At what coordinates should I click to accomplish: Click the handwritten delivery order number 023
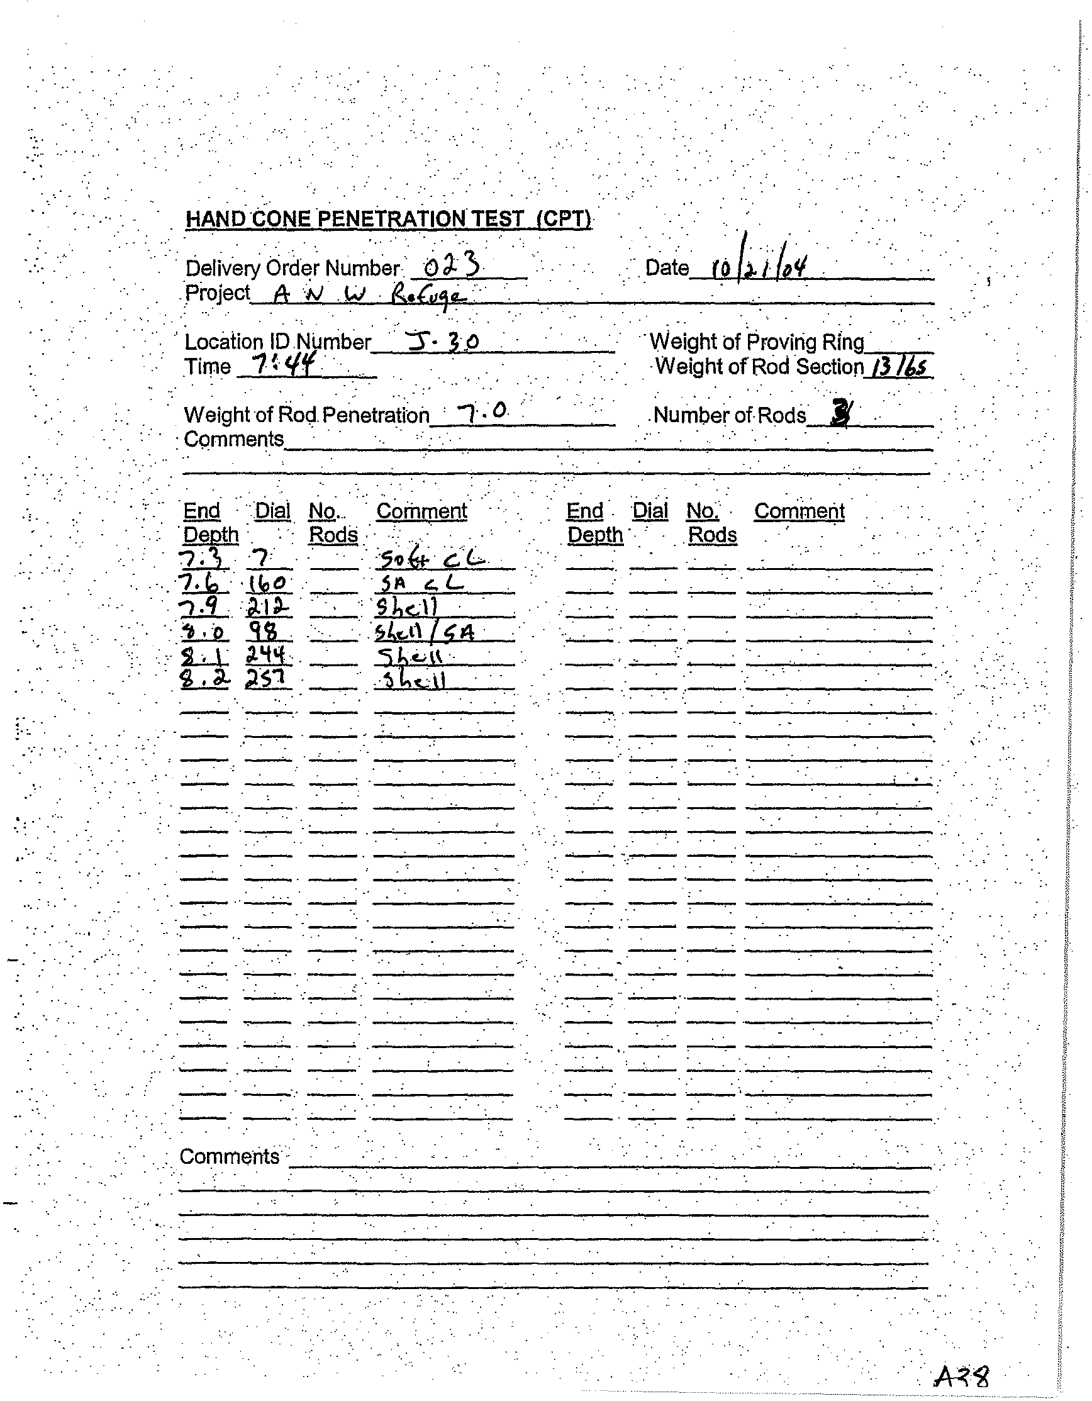coord(452,264)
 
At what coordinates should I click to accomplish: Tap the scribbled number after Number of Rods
coord(840,413)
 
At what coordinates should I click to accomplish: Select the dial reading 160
coord(267,583)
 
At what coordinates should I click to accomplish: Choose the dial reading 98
coord(263,632)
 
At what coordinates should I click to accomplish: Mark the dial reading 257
coord(265,679)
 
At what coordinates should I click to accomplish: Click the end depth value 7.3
coord(203,560)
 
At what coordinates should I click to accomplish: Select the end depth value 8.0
coord(203,632)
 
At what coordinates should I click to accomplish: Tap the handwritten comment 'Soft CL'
coord(430,560)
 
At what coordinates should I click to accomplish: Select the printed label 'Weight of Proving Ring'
coord(757,342)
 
